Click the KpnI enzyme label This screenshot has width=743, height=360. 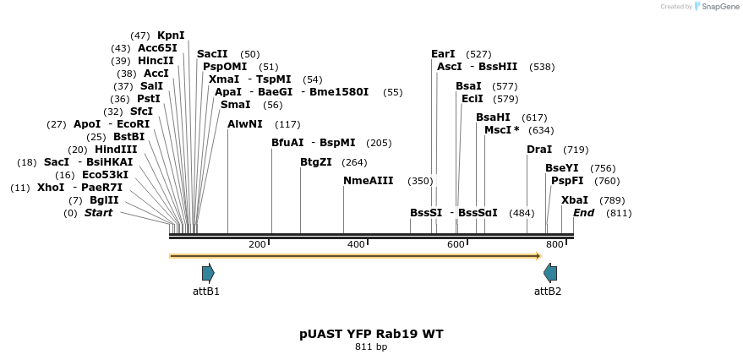[171, 35]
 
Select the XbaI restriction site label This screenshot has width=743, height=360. [575, 200]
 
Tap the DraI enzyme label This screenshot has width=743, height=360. [539, 150]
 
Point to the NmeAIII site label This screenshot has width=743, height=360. [369, 181]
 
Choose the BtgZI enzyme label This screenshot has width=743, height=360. [316, 162]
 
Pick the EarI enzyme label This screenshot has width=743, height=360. [443, 54]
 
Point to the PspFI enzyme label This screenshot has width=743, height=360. [567, 181]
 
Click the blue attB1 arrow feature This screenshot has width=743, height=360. [208, 273]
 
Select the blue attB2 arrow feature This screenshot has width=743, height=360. [550, 273]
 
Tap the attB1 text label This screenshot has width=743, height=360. [206, 292]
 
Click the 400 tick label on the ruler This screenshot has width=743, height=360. [356, 244]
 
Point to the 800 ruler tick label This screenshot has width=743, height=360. [555, 244]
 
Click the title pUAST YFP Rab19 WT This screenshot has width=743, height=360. [371, 334]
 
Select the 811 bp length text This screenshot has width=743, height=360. [371, 347]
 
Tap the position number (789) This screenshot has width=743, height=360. [612, 200]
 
